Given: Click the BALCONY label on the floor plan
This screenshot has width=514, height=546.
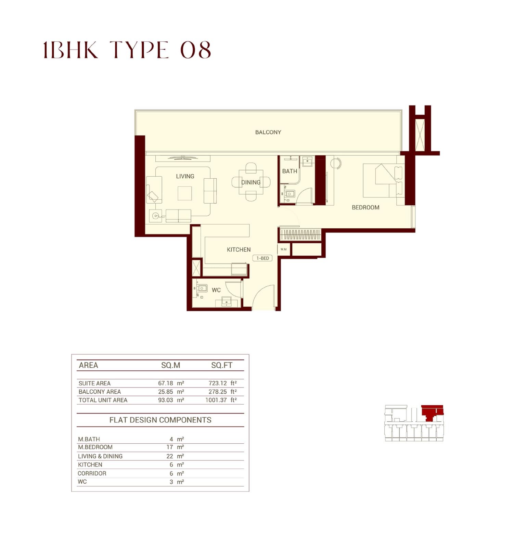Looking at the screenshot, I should coord(268,132).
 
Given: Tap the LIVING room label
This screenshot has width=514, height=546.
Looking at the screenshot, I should coord(185,176).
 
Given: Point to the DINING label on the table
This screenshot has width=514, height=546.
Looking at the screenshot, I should coord(251,182).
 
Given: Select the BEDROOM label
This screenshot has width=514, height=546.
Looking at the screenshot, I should coord(365,207).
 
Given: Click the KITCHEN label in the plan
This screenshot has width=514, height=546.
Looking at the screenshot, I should coord(239,250).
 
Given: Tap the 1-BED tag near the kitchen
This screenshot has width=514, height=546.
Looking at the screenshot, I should coord(262,258).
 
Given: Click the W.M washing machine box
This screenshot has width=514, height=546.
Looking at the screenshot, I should coord(284,249).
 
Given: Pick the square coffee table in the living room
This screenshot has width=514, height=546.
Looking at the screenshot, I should coord(185,193).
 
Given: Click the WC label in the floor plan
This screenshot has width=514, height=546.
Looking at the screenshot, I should coord(216,290).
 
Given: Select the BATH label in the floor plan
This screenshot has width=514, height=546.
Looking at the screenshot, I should coord(290,171).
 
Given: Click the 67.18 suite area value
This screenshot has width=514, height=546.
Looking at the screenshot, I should coord(166,383).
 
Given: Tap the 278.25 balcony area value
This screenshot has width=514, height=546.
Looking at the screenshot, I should coord(218,392).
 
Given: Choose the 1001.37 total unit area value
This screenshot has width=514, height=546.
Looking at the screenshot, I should coord(216,400).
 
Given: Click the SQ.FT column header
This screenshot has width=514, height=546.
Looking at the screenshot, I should coord(222,365).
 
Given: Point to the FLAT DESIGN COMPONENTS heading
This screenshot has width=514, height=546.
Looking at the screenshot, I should coord(160,420).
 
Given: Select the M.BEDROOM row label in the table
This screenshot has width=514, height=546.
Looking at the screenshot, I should coord(95,447).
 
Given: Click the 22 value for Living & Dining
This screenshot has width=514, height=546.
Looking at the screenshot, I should coord(170,456).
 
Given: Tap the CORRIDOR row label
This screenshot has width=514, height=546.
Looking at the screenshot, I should coord(92,473).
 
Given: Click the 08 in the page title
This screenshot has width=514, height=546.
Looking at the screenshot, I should coord(195,50).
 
